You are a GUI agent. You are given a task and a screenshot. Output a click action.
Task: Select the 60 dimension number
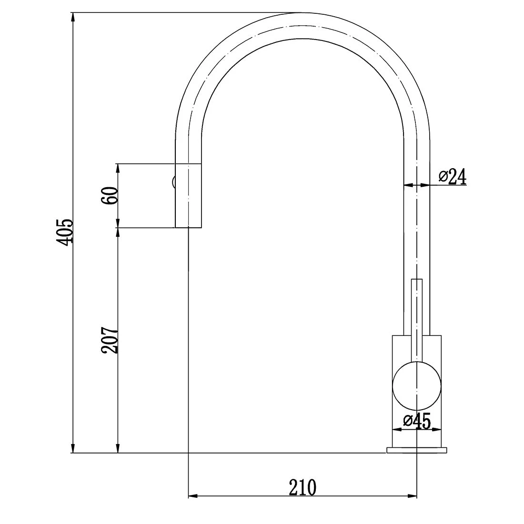(109, 196)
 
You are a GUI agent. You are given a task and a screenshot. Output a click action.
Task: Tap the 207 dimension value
(109, 340)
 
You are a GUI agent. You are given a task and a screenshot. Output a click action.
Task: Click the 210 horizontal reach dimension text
(302, 487)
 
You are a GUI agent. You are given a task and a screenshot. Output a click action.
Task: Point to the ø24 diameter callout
(452, 177)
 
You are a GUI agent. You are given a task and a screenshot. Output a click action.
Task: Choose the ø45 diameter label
(417, 421)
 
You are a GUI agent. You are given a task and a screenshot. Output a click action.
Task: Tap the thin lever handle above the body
(417, 314)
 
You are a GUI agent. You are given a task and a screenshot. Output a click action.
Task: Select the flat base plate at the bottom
(417, 450)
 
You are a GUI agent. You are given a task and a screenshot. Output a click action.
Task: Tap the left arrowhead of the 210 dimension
(193, 496)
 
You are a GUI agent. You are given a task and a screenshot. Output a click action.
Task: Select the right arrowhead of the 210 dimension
(412, 496)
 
